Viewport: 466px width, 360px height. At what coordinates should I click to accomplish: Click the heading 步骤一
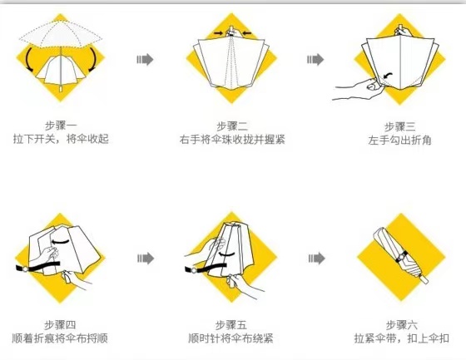(x=61, y=126)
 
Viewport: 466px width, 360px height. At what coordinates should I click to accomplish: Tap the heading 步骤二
(x=232, y=126)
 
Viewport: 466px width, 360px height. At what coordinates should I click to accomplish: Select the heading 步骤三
(x=399, y=127)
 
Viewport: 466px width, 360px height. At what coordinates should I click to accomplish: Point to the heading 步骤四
(x=60, y=324)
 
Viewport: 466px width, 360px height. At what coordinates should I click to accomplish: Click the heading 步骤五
(x=231, y=324)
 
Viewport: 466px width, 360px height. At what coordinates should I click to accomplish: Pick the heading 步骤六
(x=401, y=324)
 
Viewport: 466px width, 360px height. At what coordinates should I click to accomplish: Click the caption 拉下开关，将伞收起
(x=61, y=139)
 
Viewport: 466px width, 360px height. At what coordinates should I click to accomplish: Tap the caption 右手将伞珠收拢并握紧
(x=232, y=140)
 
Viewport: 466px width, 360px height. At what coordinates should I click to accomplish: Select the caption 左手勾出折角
(x=399, y=140)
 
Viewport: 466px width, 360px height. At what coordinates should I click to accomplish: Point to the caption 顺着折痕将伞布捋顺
(x=60, y=338)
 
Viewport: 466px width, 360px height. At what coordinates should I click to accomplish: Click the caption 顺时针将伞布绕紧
(x=231, y=338)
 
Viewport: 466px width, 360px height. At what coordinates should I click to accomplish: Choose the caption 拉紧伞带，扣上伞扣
(x=401, y=338)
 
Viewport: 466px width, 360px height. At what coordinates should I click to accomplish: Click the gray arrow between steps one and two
(x=145, y=59)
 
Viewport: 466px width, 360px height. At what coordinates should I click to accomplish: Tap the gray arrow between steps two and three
(x=315, y=59)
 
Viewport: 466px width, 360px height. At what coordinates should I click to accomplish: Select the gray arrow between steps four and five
(x=146, y=259)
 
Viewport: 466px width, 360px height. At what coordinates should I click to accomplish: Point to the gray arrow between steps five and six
(x=316, y=259)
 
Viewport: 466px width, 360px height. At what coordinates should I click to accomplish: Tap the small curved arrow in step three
(x=388, y=74)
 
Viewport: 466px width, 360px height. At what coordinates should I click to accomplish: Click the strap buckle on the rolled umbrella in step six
(x=401, y=257)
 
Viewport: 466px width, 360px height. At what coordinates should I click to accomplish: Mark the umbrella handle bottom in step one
(x=61, y=89)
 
